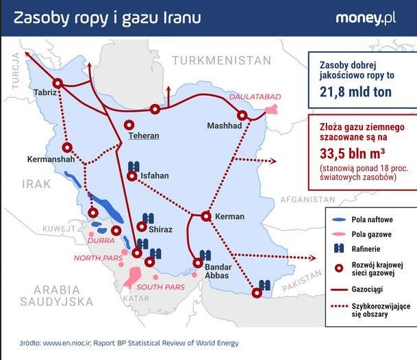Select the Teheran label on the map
point(143,136)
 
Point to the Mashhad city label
point(225,127)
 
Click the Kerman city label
point(229,217)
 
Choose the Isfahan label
point(154,176)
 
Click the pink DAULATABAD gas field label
point(255,97)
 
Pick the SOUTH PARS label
point(161,287)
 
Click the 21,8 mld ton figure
point(356,91)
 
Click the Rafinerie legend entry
point(366,249)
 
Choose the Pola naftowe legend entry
point(370,220)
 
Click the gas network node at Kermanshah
point(67,147)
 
